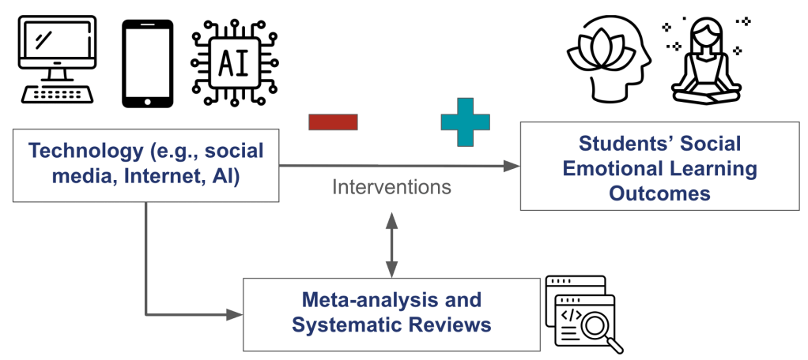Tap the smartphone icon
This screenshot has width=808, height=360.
(x=147, y=63)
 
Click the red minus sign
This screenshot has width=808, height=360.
(x=333, y=122)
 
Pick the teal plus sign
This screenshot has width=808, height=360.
(x=465, y=122)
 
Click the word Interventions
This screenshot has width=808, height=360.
(x=391, y=187)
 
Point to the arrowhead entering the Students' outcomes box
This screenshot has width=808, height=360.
(x=513, y=166)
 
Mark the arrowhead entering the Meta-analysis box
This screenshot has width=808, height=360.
(x=235, y=313)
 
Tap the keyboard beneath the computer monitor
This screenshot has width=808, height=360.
(x=56, y=93)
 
